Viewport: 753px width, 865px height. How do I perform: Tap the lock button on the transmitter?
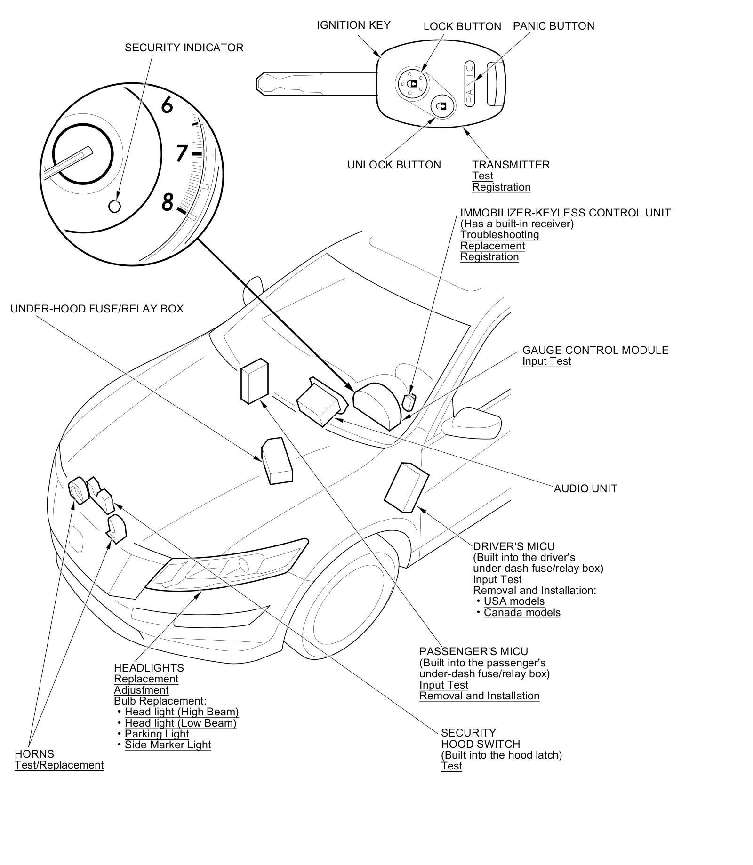coord(412,83)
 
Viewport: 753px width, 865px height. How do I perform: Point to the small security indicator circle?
coord(114,206)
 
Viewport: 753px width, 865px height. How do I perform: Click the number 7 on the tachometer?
coord(182,153)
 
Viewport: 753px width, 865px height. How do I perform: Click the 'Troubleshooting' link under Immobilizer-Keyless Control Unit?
coord(499,235)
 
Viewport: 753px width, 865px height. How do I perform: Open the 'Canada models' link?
coord(522,612)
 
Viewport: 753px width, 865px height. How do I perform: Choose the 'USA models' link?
coord(514,601)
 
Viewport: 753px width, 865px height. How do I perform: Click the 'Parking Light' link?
coord(157,734)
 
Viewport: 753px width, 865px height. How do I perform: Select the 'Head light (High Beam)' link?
coord(182,712)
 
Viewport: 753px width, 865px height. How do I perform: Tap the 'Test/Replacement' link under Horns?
coord(59,765)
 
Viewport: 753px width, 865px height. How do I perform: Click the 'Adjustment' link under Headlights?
coord(141,690)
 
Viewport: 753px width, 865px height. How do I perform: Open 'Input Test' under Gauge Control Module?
coord(546,361)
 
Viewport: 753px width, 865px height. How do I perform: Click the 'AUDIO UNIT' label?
coord(585,489)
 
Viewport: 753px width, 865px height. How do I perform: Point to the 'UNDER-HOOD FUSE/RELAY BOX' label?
coord(97,309)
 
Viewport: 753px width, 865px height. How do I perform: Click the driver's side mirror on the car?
coord(472,423)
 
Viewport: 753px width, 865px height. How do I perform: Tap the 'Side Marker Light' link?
coord(168,745)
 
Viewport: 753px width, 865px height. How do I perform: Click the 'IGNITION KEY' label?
coord(353,25)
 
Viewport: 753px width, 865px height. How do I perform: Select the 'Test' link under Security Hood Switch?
coord(451,766)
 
